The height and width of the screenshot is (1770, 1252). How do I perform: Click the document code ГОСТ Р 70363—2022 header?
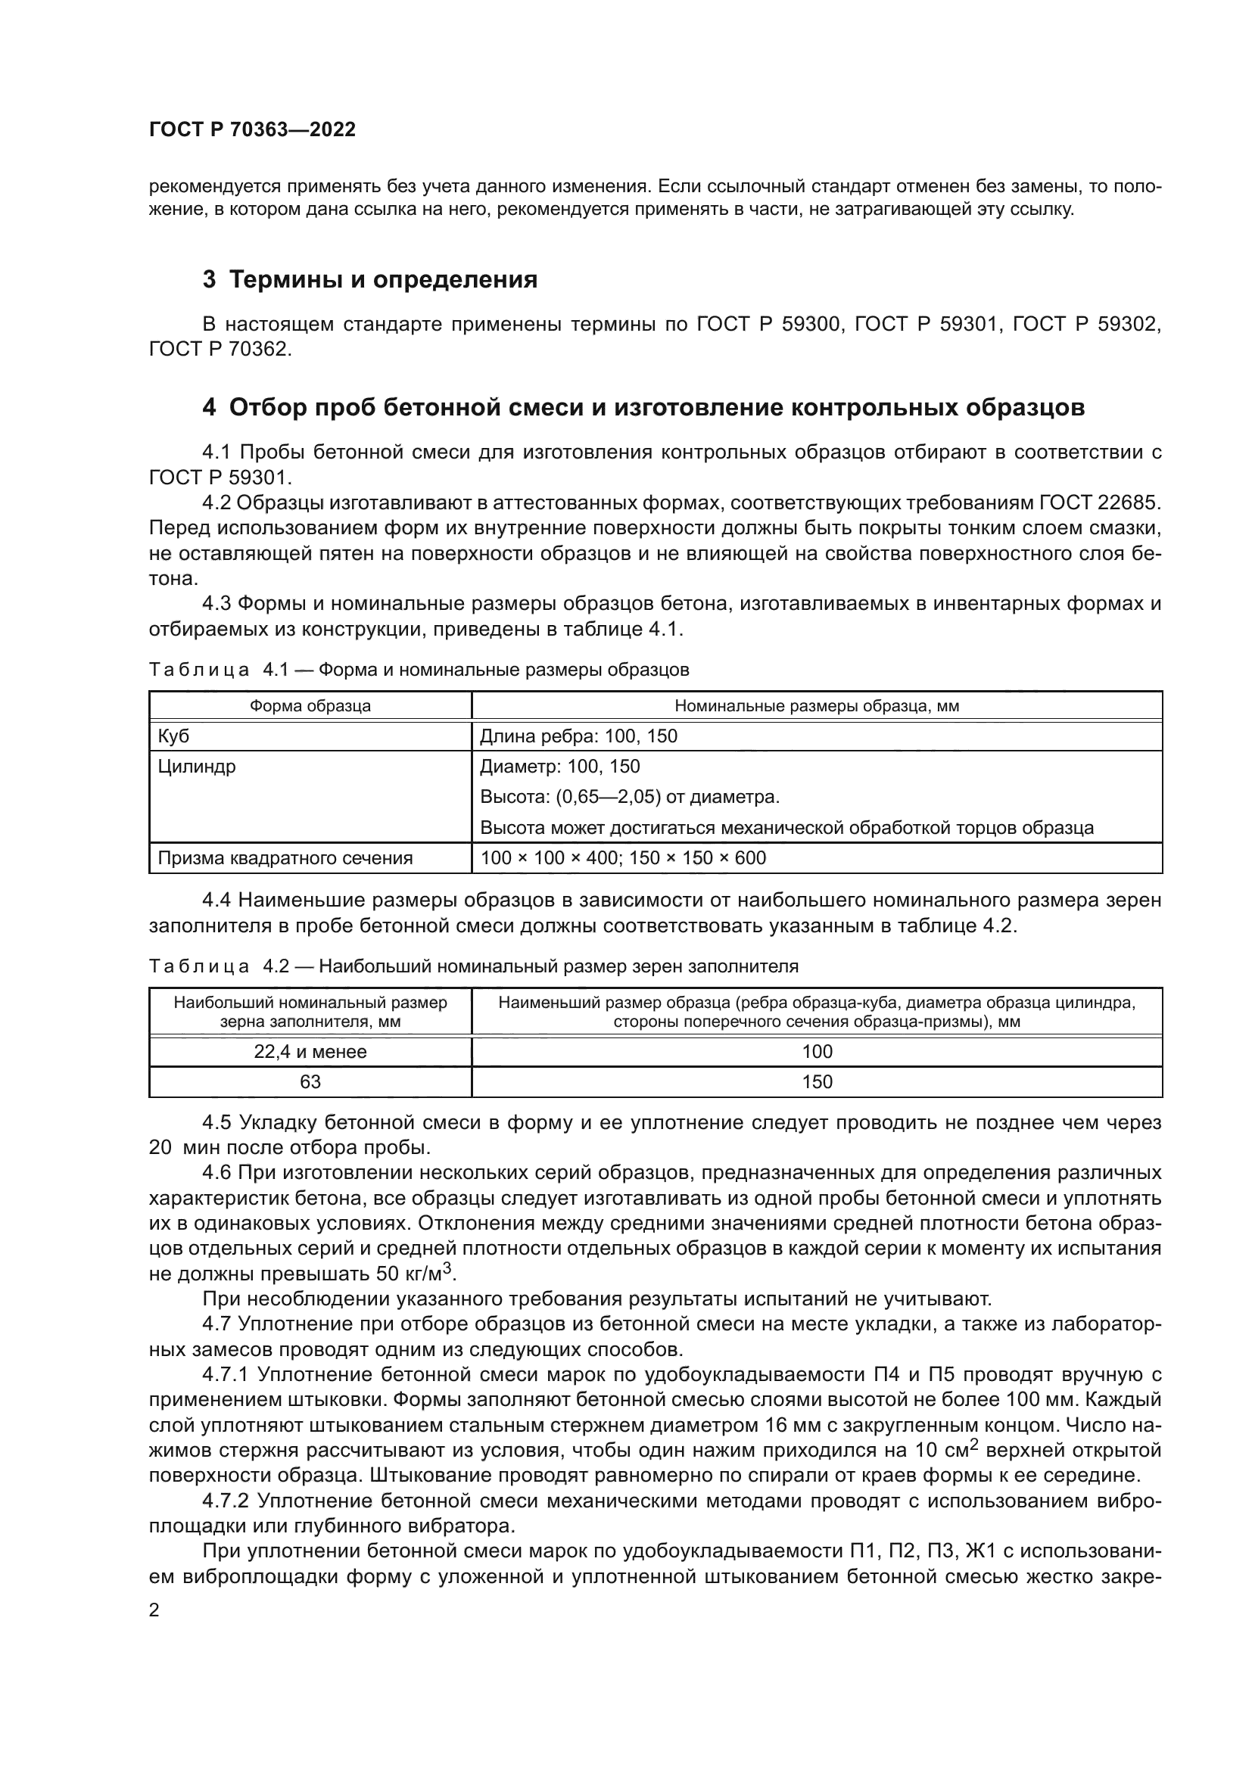pyautogui.click(x=252, y=129)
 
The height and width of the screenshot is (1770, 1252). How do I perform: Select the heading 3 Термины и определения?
pyautogui.click(x=369, y=279)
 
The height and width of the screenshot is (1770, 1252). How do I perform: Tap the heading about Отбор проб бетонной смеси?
pyautogui.click(x=643, y=407)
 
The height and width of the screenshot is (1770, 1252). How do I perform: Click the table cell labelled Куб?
pyautogui.click(x=173, y=736)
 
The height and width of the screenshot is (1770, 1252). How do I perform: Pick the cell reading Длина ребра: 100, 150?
pyautogui.click(x=578, y=736)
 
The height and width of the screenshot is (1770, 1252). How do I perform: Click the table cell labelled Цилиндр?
pyautogui.click(x=197, y=767)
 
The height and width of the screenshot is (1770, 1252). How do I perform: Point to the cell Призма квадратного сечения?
pyautogui.click(x=285, y=858)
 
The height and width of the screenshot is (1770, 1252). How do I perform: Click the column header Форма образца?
pyautogui.click(x=310, y=705)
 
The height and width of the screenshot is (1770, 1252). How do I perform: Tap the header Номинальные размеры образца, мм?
pyautogui.click(x=817, y=705)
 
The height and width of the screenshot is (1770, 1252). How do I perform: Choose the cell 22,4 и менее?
pyautogui.click(x=310, y=1052)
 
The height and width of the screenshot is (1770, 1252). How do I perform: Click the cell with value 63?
pyautogui.click(x=310, y=1081)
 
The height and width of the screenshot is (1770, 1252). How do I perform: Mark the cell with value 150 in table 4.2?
pyautogui.click(x=817, y=1081)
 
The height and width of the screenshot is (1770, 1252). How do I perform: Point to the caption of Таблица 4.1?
pyautogui.click(x=419, y=670)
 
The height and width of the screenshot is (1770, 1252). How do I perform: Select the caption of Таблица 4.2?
pyautogui.click(x=473, y=966)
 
